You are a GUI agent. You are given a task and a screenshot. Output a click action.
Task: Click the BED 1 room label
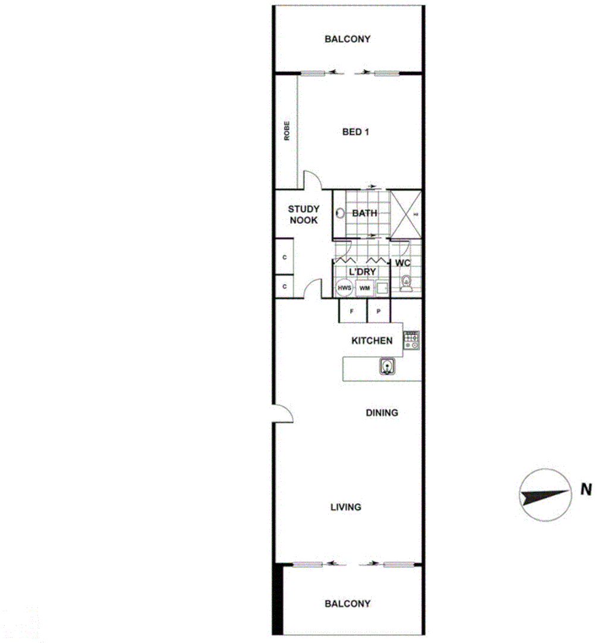[356, 132]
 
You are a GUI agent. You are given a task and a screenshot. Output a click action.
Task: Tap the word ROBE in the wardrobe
[287, 130]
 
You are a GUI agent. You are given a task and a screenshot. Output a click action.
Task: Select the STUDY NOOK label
[303, 214]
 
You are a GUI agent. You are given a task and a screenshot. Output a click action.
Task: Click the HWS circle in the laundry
[344, 288]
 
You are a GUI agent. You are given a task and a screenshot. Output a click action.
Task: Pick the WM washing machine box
[365, 288]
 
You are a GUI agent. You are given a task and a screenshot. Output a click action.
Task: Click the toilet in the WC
[407, 283]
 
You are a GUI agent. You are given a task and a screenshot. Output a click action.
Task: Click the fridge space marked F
[352, 311]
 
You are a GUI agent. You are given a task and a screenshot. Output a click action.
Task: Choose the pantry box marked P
[378, 311]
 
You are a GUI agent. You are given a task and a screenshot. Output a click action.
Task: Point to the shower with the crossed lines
[406, 213]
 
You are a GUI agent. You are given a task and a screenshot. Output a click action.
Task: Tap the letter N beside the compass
[586, 490]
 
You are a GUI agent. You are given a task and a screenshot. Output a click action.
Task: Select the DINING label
[382, 413]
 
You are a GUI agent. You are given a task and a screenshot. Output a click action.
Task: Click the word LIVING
[346, 507]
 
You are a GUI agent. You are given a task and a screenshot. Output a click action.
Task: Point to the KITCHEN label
[372, 341]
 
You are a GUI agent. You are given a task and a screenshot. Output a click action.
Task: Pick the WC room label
[403, 263]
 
